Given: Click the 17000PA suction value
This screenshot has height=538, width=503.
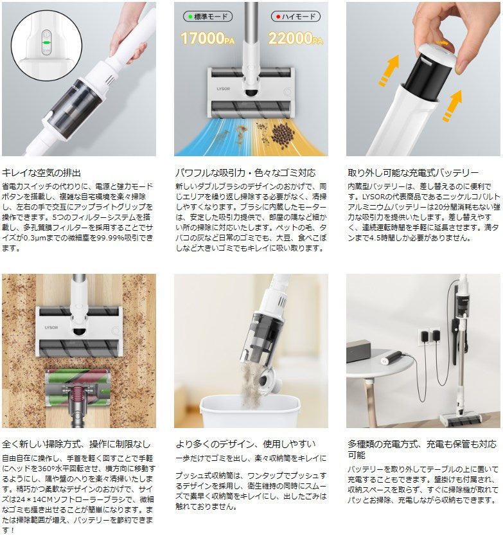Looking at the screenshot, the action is point(207,38).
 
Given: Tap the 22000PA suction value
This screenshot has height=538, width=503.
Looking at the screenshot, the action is point(296,38).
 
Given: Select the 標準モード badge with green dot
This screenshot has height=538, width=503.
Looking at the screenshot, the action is point(207,17).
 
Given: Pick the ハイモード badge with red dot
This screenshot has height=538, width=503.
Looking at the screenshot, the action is point(296,17).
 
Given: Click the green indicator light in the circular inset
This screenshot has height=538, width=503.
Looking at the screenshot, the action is point(46,42).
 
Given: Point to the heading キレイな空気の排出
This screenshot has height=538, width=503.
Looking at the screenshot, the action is point(42,173).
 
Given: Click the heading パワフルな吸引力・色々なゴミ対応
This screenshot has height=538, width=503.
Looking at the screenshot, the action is point(245,173).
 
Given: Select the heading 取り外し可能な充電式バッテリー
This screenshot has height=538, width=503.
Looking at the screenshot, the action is point(413,173).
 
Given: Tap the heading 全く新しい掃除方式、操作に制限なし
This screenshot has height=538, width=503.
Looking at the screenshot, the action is point(76,444).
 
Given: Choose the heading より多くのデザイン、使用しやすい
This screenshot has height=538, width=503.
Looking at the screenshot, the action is point(245,444).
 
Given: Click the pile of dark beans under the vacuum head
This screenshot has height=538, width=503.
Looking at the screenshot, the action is point(283,136).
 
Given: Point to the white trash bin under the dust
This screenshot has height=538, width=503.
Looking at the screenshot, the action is point(251,412).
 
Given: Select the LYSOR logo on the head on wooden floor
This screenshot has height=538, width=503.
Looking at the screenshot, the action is point(51,327).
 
